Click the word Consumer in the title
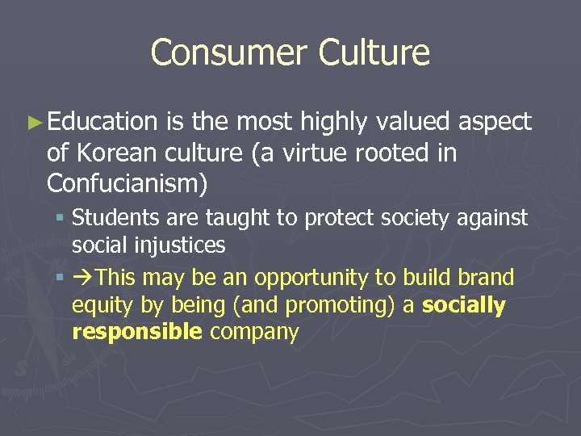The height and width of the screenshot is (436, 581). (228, 52)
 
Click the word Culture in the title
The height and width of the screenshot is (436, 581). (374, 52)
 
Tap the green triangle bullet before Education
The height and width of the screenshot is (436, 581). (33, 123)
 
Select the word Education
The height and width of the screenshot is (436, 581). (102, 122)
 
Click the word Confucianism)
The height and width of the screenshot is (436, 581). (127, 184)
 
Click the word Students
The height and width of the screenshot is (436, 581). (110, 218)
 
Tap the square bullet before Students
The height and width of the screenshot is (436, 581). (61, 218)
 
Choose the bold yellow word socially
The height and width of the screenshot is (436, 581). (464, 305)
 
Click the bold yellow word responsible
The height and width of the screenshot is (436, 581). (136, 332)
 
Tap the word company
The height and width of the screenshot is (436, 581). (253, 332)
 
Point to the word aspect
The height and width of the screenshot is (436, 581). (495, 122)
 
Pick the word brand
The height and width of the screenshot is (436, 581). (485, 278)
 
